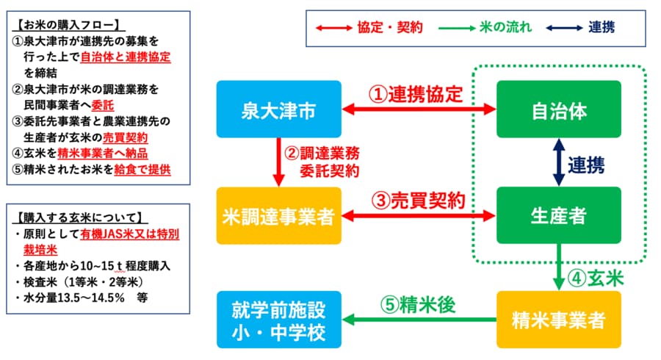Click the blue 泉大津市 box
(280, 111)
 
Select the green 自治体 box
(558, 111)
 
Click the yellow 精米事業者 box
(558, 320)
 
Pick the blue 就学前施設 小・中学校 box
(280, 320)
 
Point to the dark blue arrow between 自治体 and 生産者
(558, 164)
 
